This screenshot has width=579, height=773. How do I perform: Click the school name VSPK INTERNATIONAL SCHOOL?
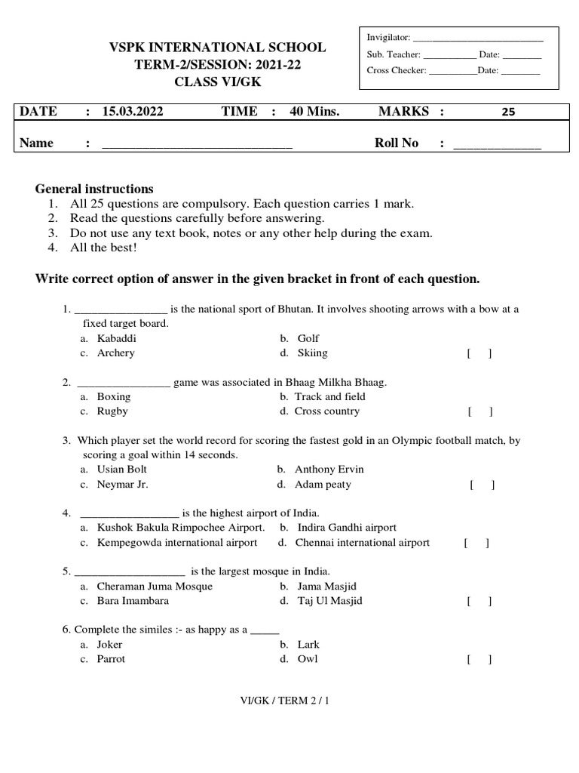pos(218,48)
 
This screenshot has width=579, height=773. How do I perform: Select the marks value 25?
pos(508,112)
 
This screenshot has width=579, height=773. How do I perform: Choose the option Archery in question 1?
pos(115,353)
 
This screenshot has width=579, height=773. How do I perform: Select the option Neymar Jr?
pos(122,485)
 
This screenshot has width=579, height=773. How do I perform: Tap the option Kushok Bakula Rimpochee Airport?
pos(180,528)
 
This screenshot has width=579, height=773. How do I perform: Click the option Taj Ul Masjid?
pos(329,601)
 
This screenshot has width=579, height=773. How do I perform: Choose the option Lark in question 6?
pos(308,645)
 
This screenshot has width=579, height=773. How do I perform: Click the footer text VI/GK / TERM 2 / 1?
pos(284,701)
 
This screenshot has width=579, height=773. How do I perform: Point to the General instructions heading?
pos(94,189)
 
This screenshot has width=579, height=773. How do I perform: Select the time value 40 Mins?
pos(314,112)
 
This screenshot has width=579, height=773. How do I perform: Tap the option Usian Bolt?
pos(122,470)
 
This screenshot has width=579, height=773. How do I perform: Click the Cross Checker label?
pos(396,70)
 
